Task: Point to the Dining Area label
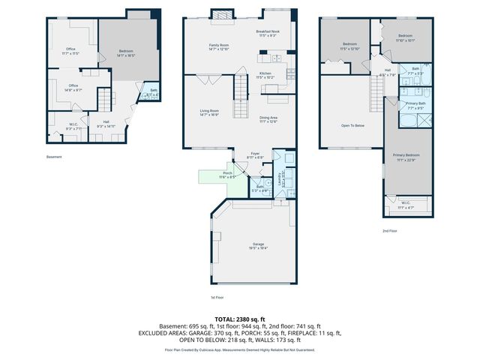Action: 269,118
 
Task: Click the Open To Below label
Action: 352,125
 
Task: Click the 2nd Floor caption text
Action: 389,231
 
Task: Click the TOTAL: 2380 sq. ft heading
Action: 240,319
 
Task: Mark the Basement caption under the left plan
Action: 54,157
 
